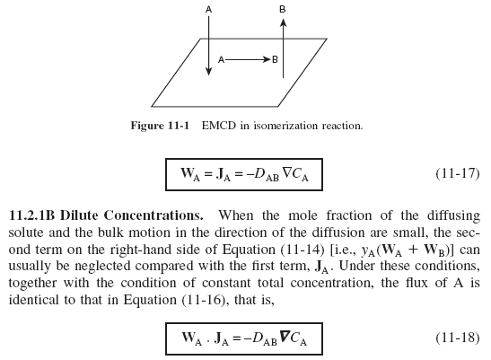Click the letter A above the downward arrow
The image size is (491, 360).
tap(208, 10)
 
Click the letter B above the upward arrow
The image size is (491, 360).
tap(283, 10)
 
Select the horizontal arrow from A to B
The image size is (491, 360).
tap(248, 59)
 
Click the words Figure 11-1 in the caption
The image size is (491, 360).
tap(160, 126)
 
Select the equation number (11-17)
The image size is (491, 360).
tap(458, 173)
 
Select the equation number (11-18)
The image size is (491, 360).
tap(458, 338)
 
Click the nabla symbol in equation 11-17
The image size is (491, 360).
tap(287, 172)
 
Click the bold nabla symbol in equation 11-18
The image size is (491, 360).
tap(285, 337)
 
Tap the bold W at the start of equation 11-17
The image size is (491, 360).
tap(188, 172)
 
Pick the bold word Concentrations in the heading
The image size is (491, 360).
tap(153, 215)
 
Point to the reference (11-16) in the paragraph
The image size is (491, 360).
tap(204, 300)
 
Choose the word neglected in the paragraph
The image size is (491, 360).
tap(102, 267)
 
